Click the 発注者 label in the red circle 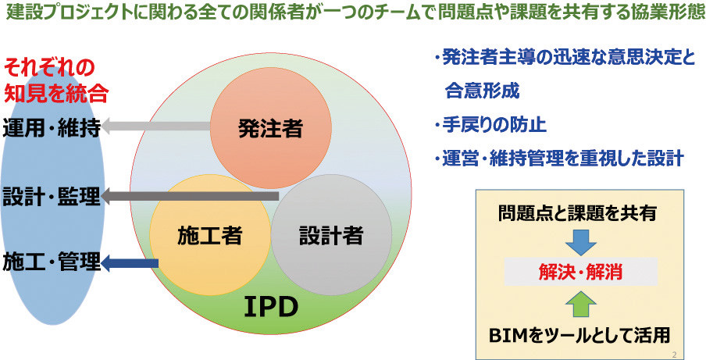click(270, 129)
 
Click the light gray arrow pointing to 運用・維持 click(155, 126)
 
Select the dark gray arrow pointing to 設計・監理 click(190, 196)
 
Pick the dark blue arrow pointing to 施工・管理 click(130, 263)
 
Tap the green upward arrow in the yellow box click(580, 305)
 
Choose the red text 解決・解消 click(580, 273)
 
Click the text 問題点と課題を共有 click(577, 213)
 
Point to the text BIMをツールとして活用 click(580, 335)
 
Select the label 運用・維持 click(51, 129)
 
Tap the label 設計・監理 click(51, 197)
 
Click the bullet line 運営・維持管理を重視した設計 click(559, 159)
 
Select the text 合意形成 click(482, 91)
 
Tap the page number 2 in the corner click(673, 354)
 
